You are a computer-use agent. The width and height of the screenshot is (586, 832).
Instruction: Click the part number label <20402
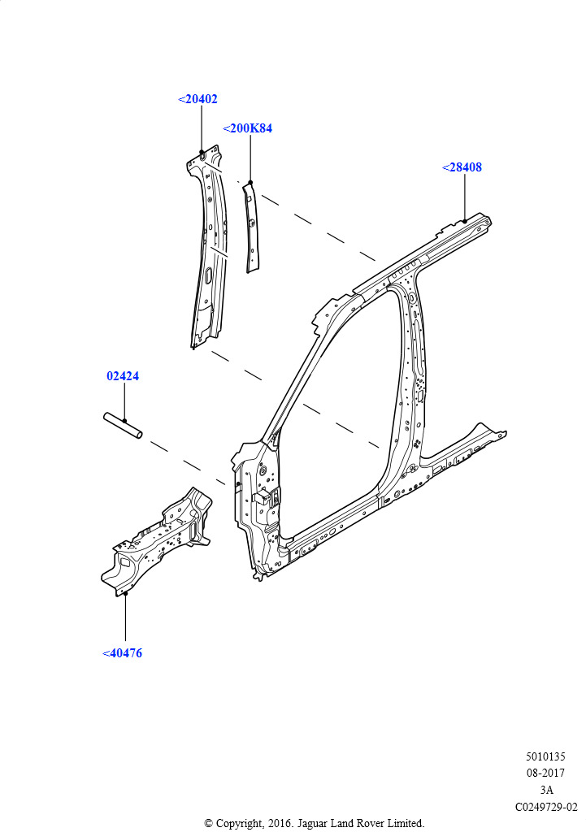point(198,99)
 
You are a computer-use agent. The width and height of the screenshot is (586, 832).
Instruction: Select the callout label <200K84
point(247,128)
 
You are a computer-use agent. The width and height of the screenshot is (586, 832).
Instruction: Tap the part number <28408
point(462,167)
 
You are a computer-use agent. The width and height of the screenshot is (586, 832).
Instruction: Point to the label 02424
point(123,376)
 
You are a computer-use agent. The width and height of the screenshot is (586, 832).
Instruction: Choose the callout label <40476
point(122,653)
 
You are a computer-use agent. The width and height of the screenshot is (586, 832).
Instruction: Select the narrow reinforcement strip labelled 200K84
point(252,227)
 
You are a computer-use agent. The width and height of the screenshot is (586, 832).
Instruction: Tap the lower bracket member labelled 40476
point(157,540)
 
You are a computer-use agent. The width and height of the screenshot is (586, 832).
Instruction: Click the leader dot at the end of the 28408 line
point(464,221)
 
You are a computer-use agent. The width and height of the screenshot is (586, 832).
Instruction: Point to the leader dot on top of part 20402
point(202,152)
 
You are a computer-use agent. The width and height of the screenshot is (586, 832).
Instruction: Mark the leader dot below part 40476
point(126,594)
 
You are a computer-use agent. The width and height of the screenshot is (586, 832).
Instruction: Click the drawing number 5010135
point(545,756)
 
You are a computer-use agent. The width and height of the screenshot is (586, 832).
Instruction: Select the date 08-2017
point(545,773)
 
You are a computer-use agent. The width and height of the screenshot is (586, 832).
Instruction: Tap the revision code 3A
point(546,790)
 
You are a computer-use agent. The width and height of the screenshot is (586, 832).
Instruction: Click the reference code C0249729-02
point(546,807)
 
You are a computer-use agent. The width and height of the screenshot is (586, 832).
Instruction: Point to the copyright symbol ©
point(209,824)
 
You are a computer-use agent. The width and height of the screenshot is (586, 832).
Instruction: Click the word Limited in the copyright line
point(406,824)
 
